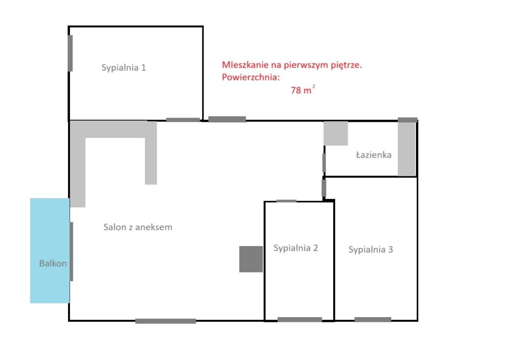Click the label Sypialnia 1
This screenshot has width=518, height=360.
123,68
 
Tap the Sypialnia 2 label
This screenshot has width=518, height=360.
295,248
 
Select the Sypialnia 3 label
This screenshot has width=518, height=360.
371,250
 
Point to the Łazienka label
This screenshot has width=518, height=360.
374,155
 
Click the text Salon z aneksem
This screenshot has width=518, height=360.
138,227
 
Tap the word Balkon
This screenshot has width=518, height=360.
53,263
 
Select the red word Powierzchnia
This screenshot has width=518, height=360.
251,77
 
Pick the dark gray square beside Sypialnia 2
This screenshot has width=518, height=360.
251,259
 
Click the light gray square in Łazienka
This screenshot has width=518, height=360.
335,133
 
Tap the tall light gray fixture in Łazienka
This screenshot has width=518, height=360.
407,148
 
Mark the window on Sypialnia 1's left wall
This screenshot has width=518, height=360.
70,53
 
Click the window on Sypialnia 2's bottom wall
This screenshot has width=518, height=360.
299,320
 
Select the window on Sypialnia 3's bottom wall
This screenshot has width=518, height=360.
373,320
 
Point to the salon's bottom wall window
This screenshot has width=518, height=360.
166,321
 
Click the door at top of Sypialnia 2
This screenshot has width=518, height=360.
286,201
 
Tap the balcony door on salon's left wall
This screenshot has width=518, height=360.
72,251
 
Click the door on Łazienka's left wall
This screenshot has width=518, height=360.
324,162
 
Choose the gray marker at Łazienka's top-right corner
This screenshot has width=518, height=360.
408,120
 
